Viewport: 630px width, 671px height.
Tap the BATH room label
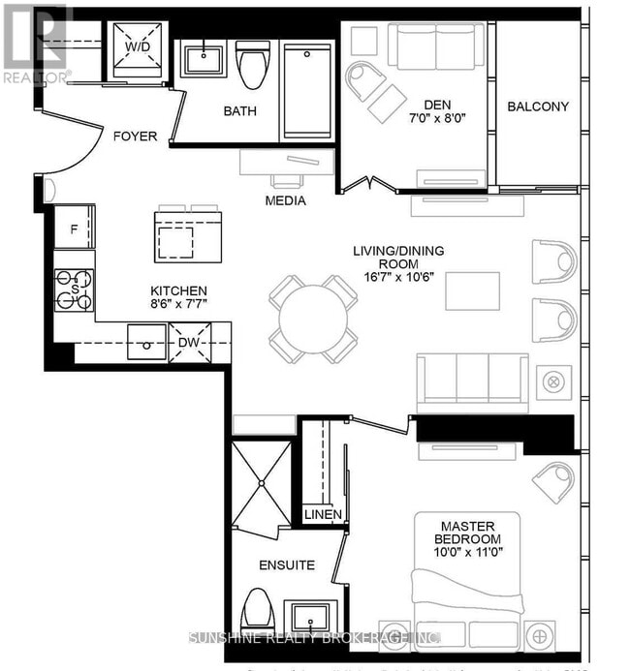(240, 110)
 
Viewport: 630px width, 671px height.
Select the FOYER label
(135, 137)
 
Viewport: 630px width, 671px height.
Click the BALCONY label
(538, 107)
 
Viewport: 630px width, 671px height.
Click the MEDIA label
(285, 200)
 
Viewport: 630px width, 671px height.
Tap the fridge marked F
(75, 230)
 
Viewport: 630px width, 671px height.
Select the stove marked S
(75, 290)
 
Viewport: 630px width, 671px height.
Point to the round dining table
(313, 319)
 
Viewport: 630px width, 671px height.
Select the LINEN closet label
(321, 514)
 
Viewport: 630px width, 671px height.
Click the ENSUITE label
(286, 564)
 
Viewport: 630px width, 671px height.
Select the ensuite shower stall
(262, 482)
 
